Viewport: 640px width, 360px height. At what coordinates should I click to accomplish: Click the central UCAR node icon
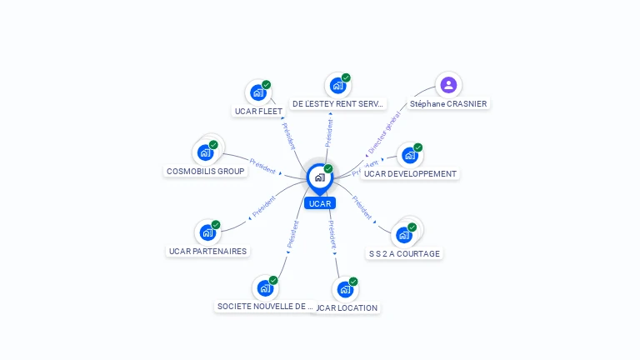click(319, 177)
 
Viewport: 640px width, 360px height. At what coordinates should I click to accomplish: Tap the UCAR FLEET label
click(258, 111)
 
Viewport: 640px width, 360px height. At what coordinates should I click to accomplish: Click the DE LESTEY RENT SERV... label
click(338, 104)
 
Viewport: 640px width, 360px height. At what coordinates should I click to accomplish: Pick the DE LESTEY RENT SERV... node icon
click(337, 86)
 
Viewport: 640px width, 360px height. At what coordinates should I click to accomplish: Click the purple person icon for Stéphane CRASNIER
click(448, 84)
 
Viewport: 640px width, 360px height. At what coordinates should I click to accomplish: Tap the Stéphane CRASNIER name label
click(448, 104)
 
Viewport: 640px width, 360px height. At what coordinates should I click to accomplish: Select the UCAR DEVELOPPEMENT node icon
click(409, 156)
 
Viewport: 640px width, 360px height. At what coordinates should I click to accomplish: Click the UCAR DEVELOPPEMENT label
click(410, 174)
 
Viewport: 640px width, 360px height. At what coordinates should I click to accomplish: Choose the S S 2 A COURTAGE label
click(404, 253)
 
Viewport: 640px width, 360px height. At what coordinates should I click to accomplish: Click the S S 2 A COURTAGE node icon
click(404, 235)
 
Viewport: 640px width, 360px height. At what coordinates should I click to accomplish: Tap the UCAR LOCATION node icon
click(345, 289)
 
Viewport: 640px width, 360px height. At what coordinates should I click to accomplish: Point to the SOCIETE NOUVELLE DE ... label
click(265, 306)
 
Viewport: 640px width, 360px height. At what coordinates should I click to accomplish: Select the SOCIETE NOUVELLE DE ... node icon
click(265, 288)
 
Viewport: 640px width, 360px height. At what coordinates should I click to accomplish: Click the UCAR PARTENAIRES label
click(208, 251)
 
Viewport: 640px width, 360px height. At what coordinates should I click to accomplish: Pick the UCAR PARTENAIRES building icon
click(207, 232)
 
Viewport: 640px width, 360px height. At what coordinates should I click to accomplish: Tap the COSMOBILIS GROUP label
click(205, 171)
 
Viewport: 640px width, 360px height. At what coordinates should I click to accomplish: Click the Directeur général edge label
click(384, 131)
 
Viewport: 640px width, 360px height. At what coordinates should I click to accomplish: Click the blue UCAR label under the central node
click(319, 203)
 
